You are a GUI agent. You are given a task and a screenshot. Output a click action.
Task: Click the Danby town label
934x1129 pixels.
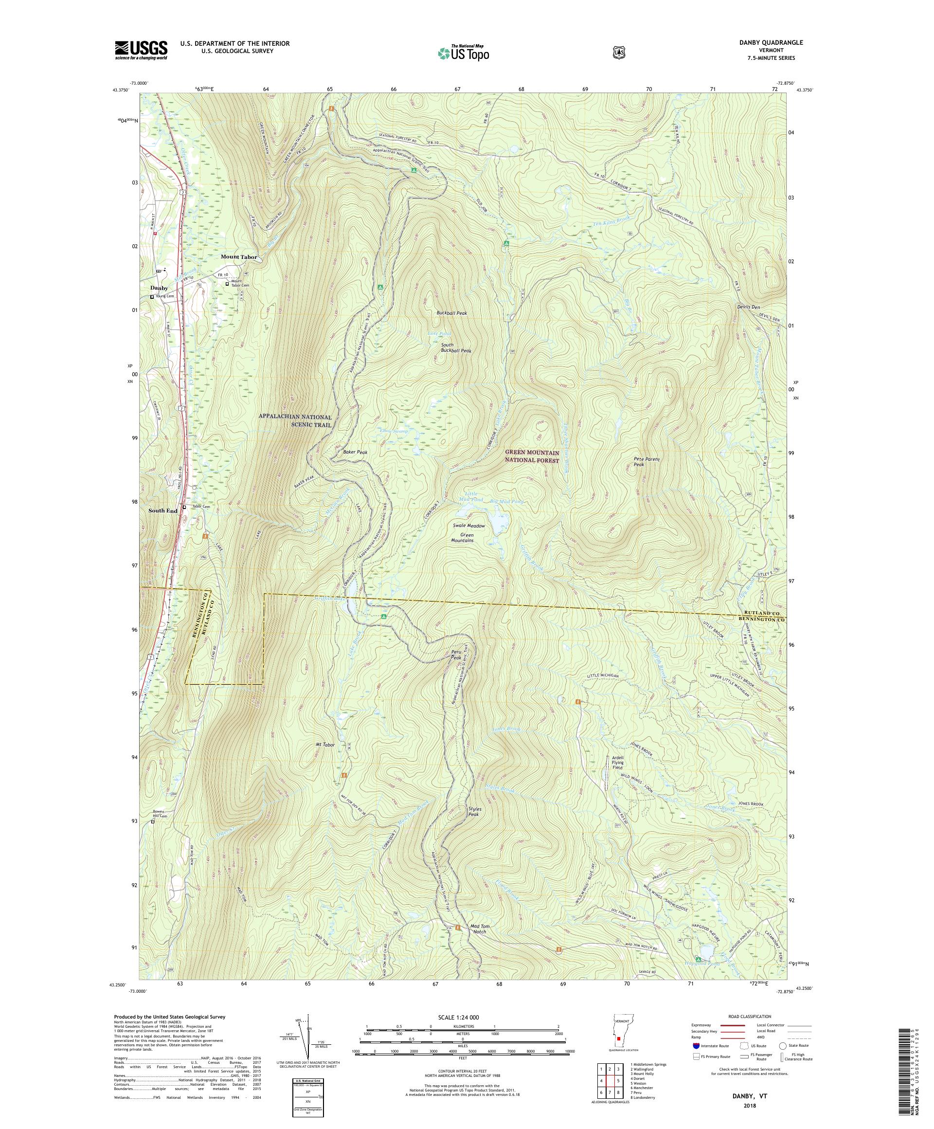click(x=159, y=288)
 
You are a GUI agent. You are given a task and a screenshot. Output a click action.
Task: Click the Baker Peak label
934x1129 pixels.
click(x=355, y=453)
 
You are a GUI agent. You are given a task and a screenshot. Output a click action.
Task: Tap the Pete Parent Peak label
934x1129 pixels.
click(x=646, y=462)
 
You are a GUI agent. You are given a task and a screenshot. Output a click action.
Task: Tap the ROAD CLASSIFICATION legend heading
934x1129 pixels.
click(x=749, y=1017)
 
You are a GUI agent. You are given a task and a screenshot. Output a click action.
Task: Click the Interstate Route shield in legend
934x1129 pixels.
click(x=697, y=1046)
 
